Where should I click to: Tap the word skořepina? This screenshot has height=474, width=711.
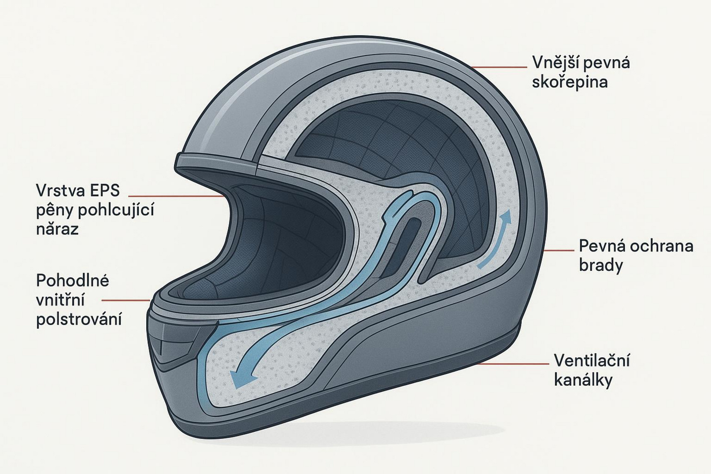pyautogui.click(x=570, y=82)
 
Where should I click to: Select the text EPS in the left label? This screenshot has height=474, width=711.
pyautogui.click(x=106, y=190)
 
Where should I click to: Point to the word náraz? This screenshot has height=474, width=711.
pyautogui.click(x=57, y=229)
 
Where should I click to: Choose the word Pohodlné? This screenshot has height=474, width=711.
pyautogui.click(x=72, y=281)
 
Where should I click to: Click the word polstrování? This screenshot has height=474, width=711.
pyautogui.click(x=79, y=320)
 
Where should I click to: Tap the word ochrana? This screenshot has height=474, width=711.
pyautogui.click(x=661, y=246)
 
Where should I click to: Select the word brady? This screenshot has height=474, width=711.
pyautogui.click(x=601, y=265)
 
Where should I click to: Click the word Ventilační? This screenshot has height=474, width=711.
pyautogui.click(x=592, y=361)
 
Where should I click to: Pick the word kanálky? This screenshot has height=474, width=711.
pyautogui.click(x=583, y=380)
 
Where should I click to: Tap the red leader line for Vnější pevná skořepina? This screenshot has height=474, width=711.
pyautogui.click(x=499, y=67)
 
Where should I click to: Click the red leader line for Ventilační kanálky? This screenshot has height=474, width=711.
pyautogui.click(x=513, y=364)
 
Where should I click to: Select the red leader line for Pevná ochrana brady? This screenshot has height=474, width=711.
pyautogui.click(x=559, y=250)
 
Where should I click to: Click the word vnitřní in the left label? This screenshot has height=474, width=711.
pyautogui.click(x=60, y=300)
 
